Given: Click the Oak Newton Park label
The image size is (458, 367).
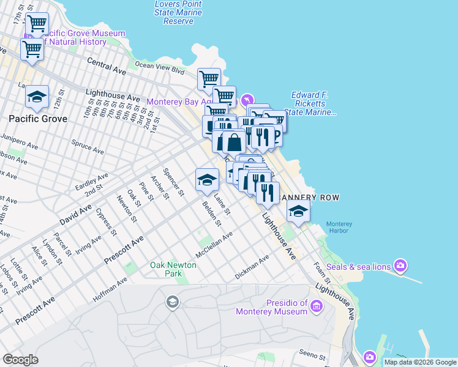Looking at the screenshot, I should point(173,269).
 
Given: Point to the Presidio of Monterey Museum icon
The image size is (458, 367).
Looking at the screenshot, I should point(317,305).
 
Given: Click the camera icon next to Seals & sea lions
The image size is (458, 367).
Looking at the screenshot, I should point(400,265).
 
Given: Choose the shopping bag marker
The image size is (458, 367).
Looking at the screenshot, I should point(234,142).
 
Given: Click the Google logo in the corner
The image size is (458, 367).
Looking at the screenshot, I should point(20,360).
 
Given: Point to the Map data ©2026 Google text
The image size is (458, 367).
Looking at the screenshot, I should point(420,362).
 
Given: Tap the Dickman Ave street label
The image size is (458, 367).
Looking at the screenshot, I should point(252,268).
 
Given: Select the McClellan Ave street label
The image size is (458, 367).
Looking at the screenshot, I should point(214,244).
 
